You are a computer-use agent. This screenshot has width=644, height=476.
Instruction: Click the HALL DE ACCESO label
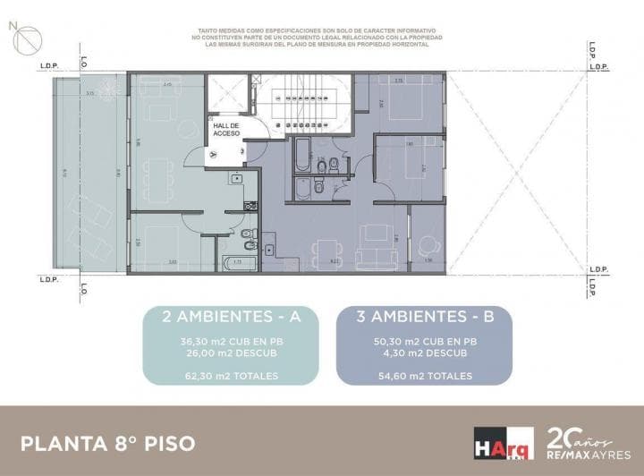tap(225, 131)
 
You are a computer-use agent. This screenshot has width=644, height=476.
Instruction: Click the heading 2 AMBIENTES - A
tap(231, 316)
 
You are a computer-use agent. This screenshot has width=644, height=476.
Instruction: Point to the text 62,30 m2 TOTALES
tap(231, 377)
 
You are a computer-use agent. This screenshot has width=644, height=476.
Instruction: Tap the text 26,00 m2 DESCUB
tap(231, 353)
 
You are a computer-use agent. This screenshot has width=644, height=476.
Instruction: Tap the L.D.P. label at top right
tap(598, 67)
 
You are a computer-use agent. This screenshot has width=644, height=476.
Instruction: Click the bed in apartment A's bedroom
tap(162, 240)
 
